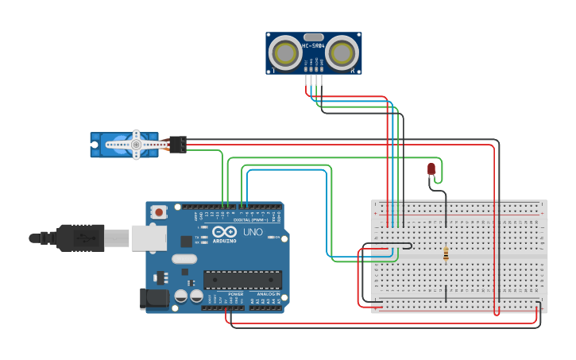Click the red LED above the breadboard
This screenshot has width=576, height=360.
click(x=431, y=168)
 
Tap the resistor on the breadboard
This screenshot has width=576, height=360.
click(x=446, y=254)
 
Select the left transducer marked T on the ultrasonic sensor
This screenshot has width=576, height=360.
click(x=284, y=53)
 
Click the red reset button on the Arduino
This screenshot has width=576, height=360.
click(x=160, y=212)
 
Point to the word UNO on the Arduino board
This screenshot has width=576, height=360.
click(x=252, y=232)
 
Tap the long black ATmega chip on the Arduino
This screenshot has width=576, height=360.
click(x=242, y=280)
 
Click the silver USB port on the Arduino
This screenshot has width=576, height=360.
click(x=149, y=238)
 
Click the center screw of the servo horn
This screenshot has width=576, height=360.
click(x=136, y=145)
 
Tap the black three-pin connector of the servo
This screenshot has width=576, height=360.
click(x=178, y=144)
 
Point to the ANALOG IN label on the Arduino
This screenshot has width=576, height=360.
click(x=266, y=294)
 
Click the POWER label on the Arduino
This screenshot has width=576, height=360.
click(x=236, y=294)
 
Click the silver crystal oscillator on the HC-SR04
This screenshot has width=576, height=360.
click(x=313, y=37)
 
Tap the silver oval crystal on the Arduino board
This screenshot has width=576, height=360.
click(x=184, y=258)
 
